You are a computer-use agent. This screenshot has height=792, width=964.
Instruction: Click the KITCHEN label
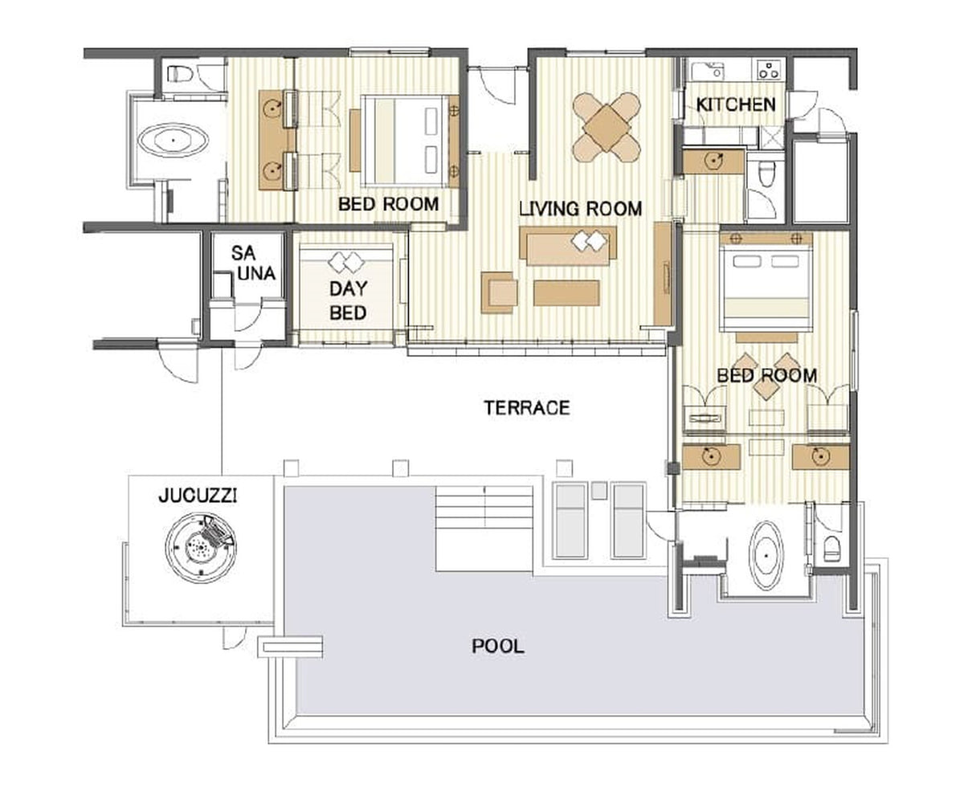(736, 104)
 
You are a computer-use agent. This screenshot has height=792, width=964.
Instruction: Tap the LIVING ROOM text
(581, 209)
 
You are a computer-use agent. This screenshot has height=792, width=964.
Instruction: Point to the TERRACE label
(527, 408)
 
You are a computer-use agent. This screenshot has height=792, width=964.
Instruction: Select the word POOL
(498, 647)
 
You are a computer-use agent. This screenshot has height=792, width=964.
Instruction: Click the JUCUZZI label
(198, 496)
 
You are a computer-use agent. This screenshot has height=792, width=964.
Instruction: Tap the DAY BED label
(348, 300)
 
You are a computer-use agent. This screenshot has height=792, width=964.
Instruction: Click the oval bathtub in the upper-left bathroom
(174, 139)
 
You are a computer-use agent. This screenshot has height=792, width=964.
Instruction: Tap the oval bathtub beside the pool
(766, 555)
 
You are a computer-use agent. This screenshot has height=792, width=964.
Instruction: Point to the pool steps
(484, 529)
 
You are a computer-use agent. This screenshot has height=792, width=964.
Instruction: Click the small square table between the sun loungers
(598, 490)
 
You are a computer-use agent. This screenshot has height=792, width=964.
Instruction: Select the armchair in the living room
(499, 292)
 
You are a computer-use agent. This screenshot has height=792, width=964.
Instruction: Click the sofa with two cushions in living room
(568, 246)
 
